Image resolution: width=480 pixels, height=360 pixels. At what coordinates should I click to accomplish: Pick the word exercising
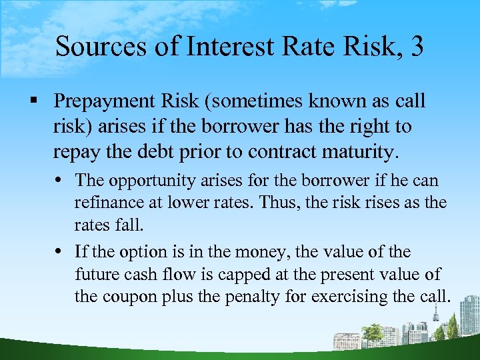click(x=342, y=297)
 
